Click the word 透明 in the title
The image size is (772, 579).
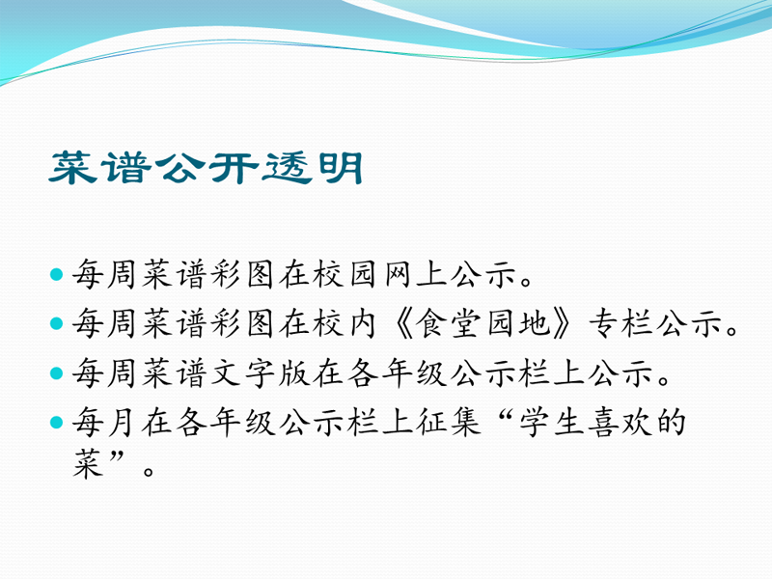point(313,168)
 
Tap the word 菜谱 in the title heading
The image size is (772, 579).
point(100,168)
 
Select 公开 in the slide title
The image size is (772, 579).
point(207,168)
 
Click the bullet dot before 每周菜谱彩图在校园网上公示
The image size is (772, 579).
point(57,274)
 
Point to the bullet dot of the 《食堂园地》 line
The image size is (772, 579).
point(57,323)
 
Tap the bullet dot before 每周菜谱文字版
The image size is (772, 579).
point(57,372)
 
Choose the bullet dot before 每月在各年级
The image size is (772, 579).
point(57,422)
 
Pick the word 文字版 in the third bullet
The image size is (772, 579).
point(260,372)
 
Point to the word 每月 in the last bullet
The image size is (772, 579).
point(104,422)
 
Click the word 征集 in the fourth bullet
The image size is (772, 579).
point(448,422)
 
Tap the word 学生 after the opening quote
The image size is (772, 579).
point(551,422)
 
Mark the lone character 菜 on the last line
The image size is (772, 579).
point(88,463)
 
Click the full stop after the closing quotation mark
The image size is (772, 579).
point(149,471)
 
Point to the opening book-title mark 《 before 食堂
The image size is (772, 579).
point(403,323)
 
